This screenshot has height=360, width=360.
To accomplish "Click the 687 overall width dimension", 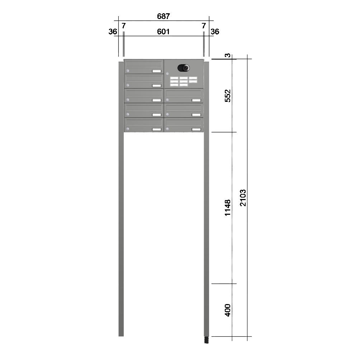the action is (x=163, y=16).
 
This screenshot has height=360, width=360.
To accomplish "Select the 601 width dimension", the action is (x=163, y=32).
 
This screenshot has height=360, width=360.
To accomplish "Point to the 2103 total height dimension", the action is (x=243, y=198).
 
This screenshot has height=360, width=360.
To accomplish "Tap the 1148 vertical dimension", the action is (x=227, y=208).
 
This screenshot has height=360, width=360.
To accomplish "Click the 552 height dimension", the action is (x=227, y=96).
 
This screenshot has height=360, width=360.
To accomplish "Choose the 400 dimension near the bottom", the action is (x=227, y=310).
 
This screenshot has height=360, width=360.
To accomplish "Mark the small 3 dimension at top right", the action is (x=227, y=55).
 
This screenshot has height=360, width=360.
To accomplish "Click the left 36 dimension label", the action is (x=113, y=32).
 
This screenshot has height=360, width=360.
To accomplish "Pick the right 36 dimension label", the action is (x=215, y=32).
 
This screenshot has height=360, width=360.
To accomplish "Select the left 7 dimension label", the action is (x=123, y=26).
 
